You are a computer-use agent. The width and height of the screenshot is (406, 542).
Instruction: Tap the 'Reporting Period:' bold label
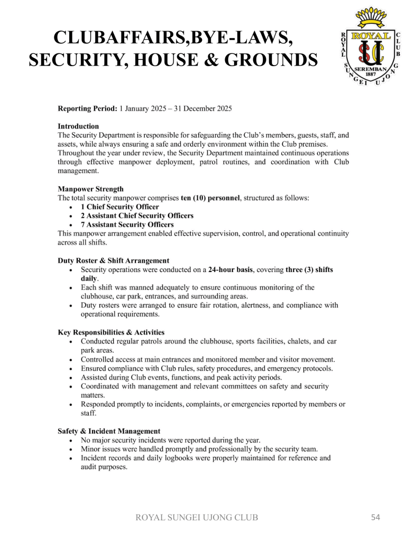(x=87, y=109)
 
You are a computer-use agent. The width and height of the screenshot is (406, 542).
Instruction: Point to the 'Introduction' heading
(x=78, y=127)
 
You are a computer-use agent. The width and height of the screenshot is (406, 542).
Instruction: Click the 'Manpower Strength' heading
(x=90, y=189)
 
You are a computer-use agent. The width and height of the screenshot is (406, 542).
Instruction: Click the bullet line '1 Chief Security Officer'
(x=119, y=207)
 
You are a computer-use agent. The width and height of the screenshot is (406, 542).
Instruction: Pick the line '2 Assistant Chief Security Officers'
(x=137, y=216)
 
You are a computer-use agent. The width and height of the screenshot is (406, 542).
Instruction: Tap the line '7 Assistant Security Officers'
(x=127, y=225)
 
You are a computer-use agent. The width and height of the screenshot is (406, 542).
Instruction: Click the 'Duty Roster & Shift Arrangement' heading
(x=114, y=260)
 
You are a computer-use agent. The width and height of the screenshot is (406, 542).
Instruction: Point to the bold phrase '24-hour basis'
(x=230, y=269)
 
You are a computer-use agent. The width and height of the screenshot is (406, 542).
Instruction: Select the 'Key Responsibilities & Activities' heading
(x=111, y=332)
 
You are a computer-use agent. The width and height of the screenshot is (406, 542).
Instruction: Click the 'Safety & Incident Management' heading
(x=109, y=431)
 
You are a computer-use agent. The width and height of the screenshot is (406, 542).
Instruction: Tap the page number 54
(x=375, y=517)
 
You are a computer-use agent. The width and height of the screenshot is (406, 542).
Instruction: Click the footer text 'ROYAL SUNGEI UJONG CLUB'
(x=197, y=518)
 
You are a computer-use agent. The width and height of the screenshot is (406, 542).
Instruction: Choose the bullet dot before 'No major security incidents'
(x=71, y=440)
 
